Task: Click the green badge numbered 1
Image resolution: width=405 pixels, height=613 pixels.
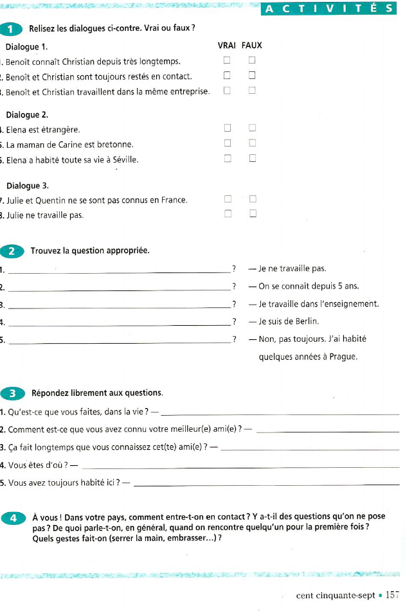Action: [12, 28]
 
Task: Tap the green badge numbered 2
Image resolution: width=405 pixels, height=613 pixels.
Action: [12, 251]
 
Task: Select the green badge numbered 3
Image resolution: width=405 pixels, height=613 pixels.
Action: [12, 393]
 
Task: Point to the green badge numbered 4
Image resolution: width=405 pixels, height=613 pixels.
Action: [12, 518]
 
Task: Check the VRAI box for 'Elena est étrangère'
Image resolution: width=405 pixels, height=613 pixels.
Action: [227, 129]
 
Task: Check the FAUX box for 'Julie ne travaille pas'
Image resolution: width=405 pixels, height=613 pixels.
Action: [253, 214]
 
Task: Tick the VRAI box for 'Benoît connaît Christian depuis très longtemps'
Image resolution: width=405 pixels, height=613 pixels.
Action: [227, 60]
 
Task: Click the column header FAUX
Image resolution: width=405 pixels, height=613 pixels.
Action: [252, 46]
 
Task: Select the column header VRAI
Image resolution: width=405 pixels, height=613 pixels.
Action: [227, 46]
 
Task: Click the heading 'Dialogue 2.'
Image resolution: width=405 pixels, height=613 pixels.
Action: [27, 114]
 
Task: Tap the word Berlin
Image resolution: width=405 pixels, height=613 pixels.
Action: [306, 321]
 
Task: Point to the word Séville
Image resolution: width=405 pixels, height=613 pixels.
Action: [124, 159]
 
